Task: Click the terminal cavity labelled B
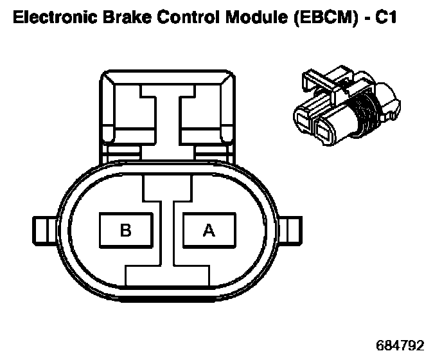click(x=126, y=230)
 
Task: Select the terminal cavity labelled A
click(x=209, y=230)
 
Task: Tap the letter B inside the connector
click(x=126, y=230)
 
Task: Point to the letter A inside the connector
click(x=209, y=230)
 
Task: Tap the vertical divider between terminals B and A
click(x=168, y=231)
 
